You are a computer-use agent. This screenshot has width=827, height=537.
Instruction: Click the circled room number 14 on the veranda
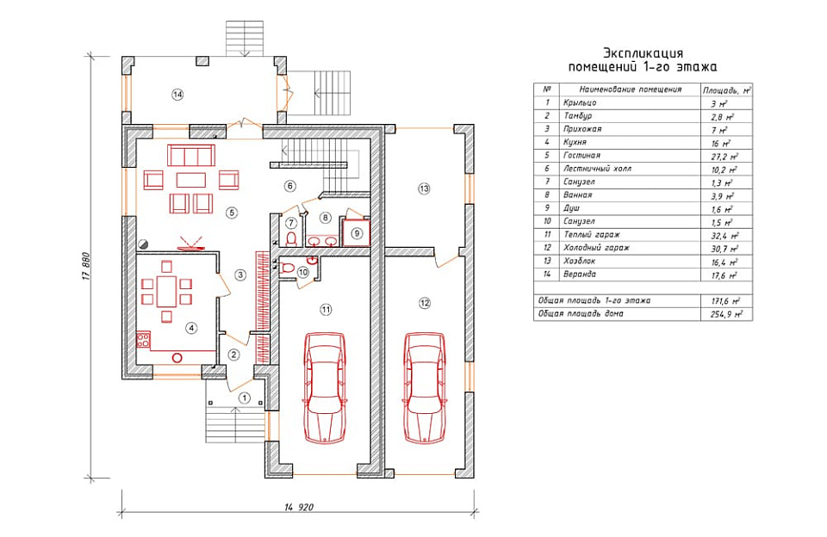click(x=177, y=95)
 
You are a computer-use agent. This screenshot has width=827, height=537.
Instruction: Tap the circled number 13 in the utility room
click(x=423, y=188)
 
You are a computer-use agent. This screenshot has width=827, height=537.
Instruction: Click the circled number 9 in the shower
click(x=357, y=232)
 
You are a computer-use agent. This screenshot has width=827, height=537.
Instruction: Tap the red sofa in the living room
click(x=190, y=156)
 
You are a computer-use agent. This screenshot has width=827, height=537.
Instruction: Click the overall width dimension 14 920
click(x=294, y=508)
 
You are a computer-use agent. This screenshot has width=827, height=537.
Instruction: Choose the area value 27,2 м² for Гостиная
click(x=717, y=156)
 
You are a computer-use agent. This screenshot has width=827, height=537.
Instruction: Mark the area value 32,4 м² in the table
click(x=717, y=234)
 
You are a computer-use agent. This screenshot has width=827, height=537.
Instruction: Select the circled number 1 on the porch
click(x=245, y=398)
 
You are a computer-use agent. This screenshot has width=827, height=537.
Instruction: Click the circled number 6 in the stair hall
click(x=290, y=185)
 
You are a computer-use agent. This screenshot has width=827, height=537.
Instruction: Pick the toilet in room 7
click(x=291, y=238)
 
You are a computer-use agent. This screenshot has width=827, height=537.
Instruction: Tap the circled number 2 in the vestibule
click(x=233, y=353)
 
